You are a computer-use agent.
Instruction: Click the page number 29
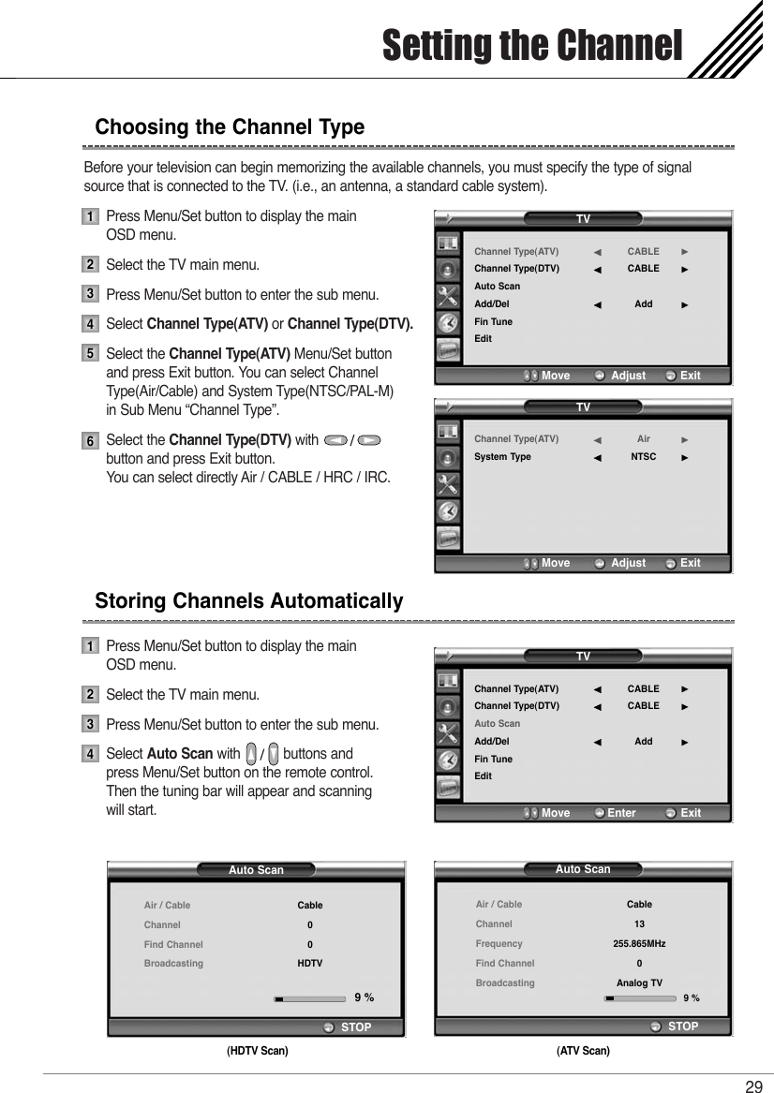click(753, 1086)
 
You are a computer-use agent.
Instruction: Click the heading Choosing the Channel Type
click(230, 126)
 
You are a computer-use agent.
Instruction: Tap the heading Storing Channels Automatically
click(249, 600)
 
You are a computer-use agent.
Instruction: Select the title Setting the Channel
click(531, 44)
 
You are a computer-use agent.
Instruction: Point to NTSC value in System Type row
click(643, 457)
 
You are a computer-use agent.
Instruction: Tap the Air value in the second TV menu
click(643, 438)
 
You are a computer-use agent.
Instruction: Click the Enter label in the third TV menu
click(620, 813)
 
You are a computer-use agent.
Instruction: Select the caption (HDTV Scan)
click(257, 1051)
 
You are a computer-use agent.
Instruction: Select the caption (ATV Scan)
click(583, 1051)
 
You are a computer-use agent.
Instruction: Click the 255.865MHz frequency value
click(639, 944)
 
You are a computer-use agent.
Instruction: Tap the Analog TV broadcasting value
click(639, 982)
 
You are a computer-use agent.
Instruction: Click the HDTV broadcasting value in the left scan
click(310, 963)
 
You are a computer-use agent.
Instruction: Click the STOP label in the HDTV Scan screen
click(356, 1027)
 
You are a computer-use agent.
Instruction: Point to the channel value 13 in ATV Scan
click(639, 924)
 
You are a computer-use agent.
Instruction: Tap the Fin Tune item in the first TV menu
click(493, 321)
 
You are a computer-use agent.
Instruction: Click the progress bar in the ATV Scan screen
click(640, 998)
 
